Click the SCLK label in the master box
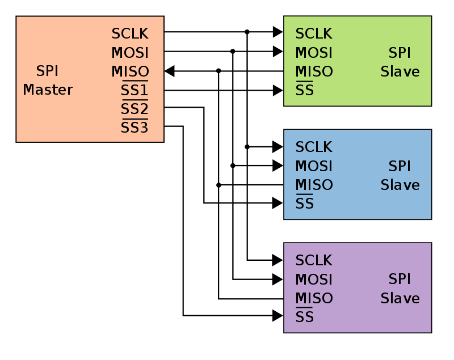pyautogui.click(x=130, y=34)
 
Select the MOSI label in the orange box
pyautogui.click(x=130, y=53)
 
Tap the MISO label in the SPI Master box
pyautogui.click(x=130, y=72)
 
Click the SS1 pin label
pyautogui.click(x=134, y=91)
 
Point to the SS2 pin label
pyautogui.click(x=134, y=109)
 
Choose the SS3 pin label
pyautogui.click(x=134, y=128)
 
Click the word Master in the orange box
pyautogui.click(x=48, y=90)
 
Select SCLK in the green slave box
pyautogui.click(x=314, y=34)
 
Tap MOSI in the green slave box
pyautogui.click(x=314, y=53)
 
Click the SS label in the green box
pyautogui.click(x=305, y=91)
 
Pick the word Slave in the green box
pyautogui.click(x=400, y=72)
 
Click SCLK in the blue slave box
pyautogui.click(x=314, y=147)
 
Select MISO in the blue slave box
pyautogui.click(x=314, y=185)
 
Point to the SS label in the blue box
pyautogui.click(x=305, y=204)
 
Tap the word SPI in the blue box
pyautogui.click(x=400, y=167)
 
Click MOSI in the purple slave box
pyautogui.click(x=314, y=280)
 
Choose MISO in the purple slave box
pyautogui.click(x=314, y=299)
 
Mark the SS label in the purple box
pyautogui.click(x=305, y=317)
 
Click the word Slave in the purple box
pyautogui.click(x=400, y=299)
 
